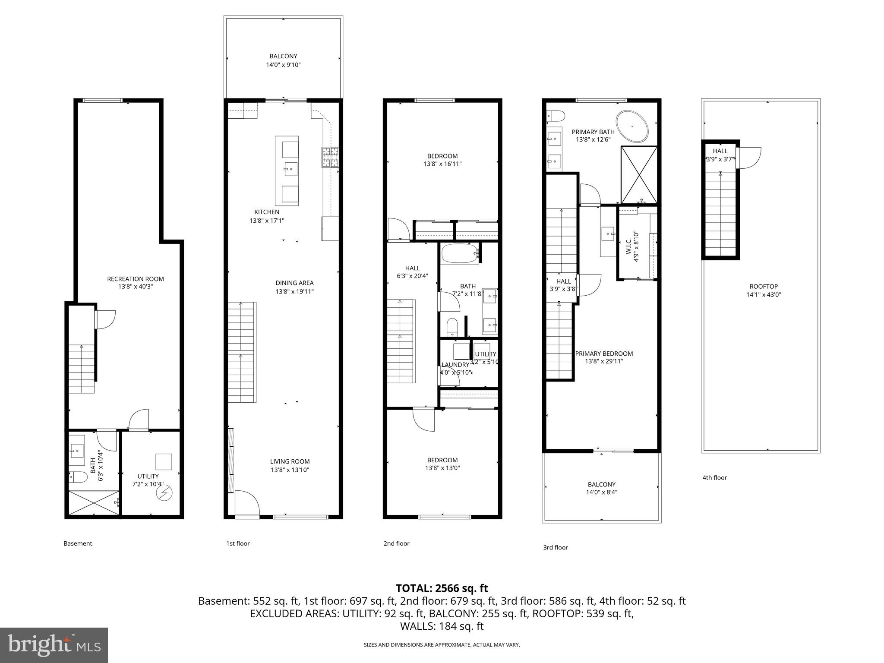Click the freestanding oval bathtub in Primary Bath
pyautogui.click(x=632, y=126)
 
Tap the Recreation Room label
pyautogui.click(x=136, y=279)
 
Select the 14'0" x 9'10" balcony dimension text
pyautogui.click(x=283, y=65)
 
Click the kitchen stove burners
pyautogui.click(x=330, y=157)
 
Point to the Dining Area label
pyautogui.click(x=294, y=283)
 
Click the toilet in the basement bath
pyautogui.click(x=79, y=477)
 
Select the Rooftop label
pyautogui.click(x=764, y=287)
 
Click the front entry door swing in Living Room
pyautogui.click(x=247, y=503)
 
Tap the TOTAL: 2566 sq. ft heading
pyautogui.click(x=442, y=588)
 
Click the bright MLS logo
pyautogui.click(x=54, y=645)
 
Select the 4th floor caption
pyautogui.click(x=714, y=478)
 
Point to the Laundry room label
pyautogui.click(x=455, y=365)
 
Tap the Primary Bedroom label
pyautogui.click(x=604, y=354)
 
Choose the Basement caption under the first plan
pyautogui.click(x=78, y=543)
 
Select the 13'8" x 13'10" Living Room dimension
pyautogui.click(x=290, y=470)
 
